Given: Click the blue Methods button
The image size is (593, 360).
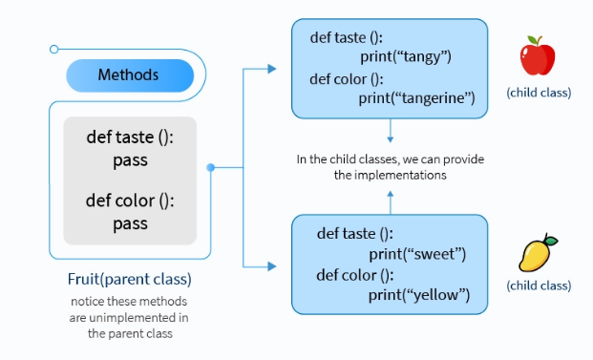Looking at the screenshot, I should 129,74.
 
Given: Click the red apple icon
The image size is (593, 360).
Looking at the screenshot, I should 538,56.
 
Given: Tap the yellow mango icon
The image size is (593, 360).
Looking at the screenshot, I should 535,254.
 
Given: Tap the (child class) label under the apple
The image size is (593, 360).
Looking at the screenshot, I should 539,93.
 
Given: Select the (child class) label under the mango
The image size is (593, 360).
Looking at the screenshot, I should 539,286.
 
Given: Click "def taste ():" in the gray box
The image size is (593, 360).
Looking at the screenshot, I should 130,138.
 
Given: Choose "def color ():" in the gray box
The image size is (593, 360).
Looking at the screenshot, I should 130,201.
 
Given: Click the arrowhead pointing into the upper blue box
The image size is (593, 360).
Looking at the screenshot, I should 273,69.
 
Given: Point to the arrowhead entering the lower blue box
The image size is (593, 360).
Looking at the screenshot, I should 273,265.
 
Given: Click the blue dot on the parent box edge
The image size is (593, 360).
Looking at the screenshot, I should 211,167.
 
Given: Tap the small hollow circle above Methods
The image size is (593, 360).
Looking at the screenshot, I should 54,49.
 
